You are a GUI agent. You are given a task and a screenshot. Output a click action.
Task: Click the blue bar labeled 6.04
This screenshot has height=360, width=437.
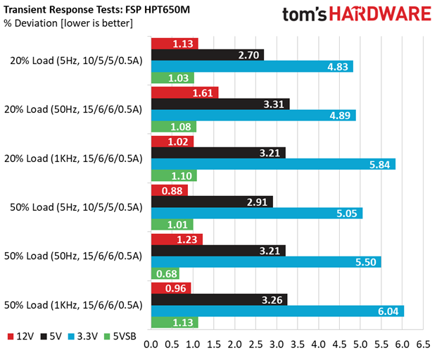click(277, 311)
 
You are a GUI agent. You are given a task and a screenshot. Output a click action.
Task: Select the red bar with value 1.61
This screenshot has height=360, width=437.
click(185, 93)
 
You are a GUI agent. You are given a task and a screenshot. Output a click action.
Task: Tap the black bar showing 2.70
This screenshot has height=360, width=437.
click(208, 55)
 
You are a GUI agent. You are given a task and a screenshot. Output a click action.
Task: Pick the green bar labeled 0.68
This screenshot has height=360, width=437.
click(165, 273)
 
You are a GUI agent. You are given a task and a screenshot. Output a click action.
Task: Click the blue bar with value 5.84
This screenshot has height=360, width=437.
click(274, 164)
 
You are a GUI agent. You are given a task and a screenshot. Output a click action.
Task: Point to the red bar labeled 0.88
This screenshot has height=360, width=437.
click(170, 190)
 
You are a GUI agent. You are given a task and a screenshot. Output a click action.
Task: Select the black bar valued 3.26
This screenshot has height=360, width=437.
click(220, 299)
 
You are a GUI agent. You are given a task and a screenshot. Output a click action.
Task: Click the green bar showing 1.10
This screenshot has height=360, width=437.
click(174, 175)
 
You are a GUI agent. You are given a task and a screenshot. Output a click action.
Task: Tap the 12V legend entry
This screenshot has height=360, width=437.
click(20, 337)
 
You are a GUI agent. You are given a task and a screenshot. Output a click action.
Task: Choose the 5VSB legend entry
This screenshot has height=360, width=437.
click(120, 337)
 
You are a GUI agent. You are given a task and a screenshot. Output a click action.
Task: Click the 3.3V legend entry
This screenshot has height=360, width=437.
click(83, 337)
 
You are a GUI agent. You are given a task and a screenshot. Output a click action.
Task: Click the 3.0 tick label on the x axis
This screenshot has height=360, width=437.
click(277, 345)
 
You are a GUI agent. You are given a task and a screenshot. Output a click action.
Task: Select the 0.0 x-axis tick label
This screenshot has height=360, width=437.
click(151, 345)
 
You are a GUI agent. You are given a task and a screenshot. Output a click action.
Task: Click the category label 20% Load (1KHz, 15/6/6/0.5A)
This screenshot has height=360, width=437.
click(73, 159)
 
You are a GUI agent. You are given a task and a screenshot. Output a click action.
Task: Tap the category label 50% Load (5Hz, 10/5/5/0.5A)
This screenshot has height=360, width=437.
click(77, 207)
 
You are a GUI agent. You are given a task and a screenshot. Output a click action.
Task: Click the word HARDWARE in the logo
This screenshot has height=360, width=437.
click(380, 14)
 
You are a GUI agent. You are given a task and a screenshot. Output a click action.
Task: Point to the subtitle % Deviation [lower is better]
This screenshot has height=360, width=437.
click(68, 23)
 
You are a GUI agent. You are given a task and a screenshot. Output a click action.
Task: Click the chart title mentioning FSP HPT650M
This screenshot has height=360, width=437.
click(96, 10)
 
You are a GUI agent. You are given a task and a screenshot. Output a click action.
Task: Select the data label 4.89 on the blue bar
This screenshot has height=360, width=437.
click(340, 116)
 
